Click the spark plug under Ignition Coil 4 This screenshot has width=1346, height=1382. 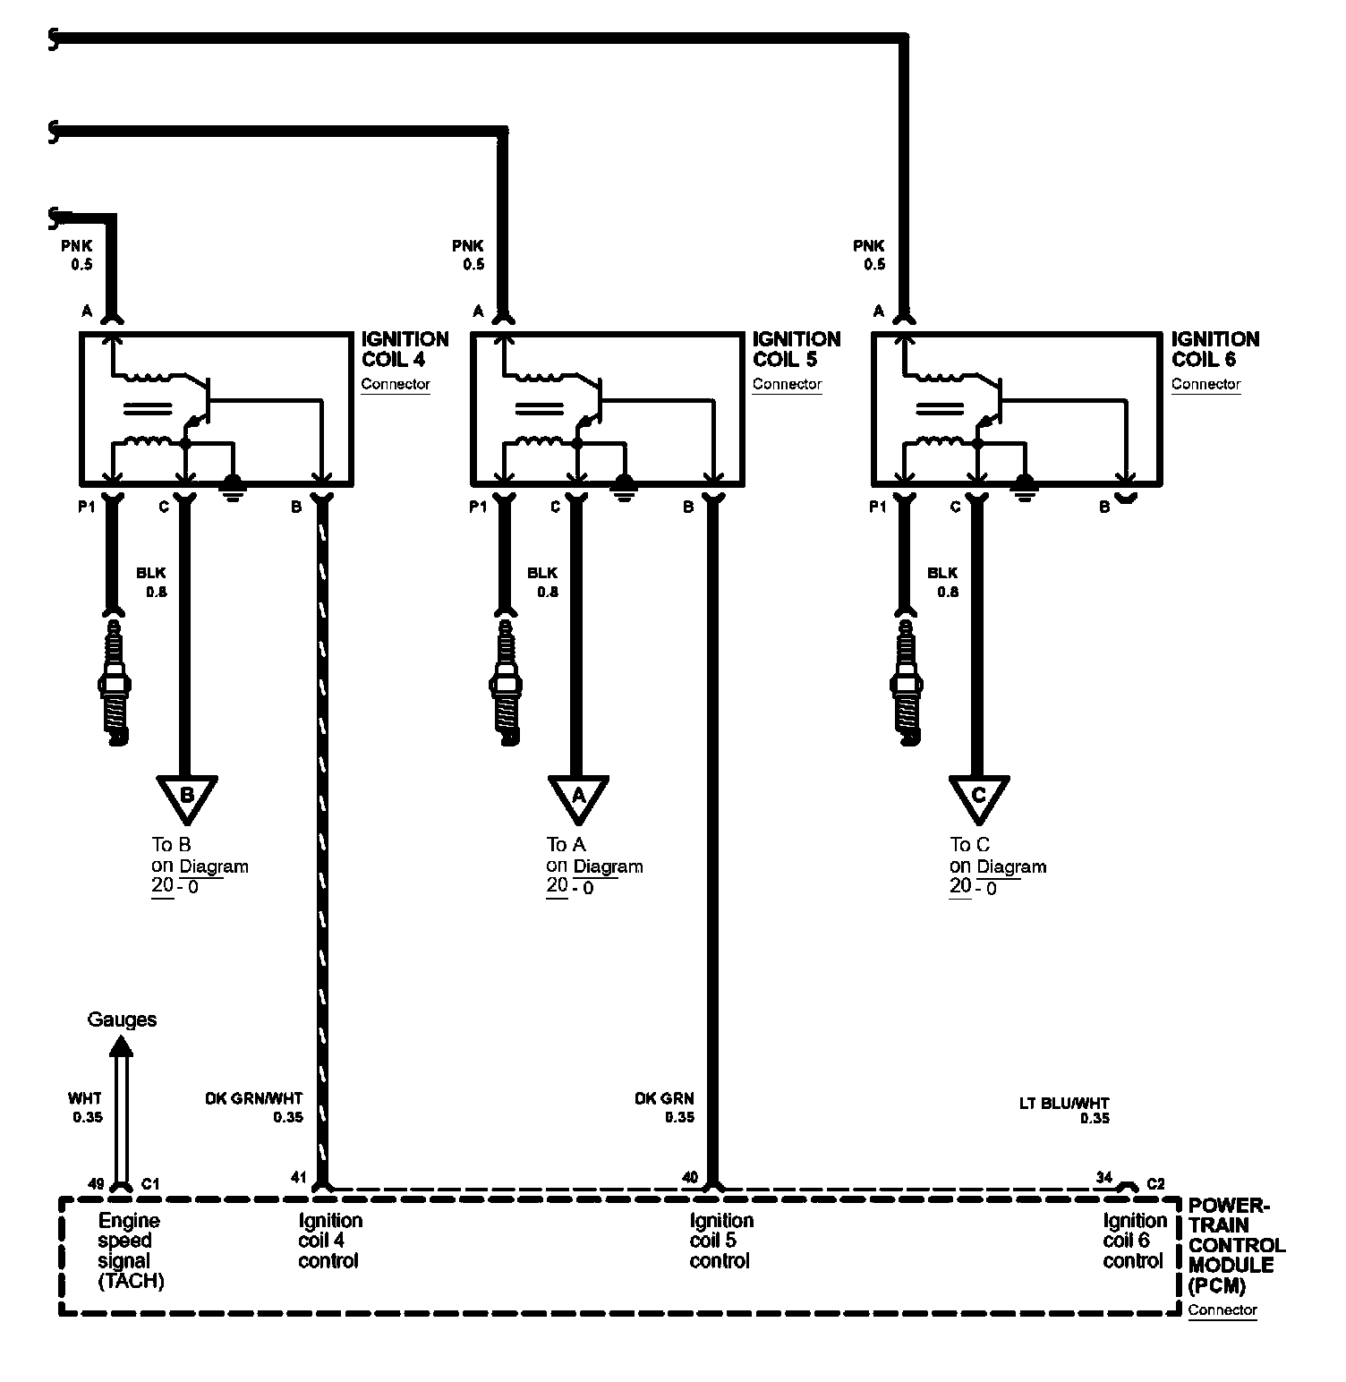[114, 680]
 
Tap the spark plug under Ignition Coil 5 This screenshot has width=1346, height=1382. [505, 680]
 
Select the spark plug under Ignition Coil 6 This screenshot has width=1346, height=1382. [906, 680]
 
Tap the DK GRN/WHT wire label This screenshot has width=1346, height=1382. [254, 1099]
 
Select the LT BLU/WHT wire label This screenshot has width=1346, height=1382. [1064, 1104]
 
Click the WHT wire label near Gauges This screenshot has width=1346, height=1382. [85, 1099]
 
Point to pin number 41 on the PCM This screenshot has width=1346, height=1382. [298, 1177]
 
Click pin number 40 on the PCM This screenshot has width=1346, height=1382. [689, 1177]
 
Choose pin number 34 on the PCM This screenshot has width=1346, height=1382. [1103, 1177]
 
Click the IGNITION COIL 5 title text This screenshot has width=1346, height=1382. [796, 349]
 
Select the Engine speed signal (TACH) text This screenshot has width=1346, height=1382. [131, 1250]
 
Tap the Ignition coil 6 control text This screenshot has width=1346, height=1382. [1134, 1241]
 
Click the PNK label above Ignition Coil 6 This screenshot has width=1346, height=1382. [868, 246]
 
